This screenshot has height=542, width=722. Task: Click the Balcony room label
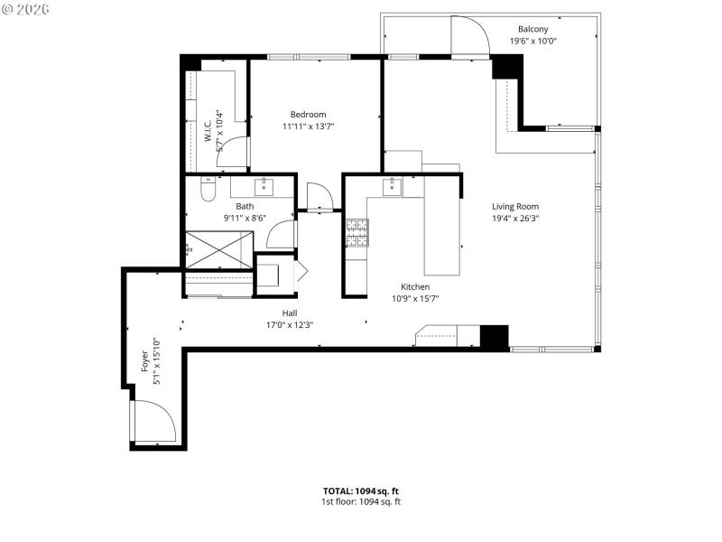click(532, 29)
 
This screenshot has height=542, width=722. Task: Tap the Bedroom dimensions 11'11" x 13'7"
click(308, 126)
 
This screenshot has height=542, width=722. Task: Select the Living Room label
click(515, 206)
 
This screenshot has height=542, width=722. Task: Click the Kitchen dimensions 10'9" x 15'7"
click(415, 299)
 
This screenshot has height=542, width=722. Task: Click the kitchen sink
click(393, 187)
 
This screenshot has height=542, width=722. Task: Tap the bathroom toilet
click(207, 191)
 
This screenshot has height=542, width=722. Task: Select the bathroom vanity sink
click(264, 187)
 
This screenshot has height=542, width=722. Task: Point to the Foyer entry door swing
click(151, 422)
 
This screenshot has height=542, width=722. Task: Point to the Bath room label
click(245, 206)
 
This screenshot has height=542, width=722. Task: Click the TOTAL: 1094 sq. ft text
click(361, 491)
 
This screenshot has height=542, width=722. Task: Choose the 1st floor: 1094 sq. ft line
click(361, 501)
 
